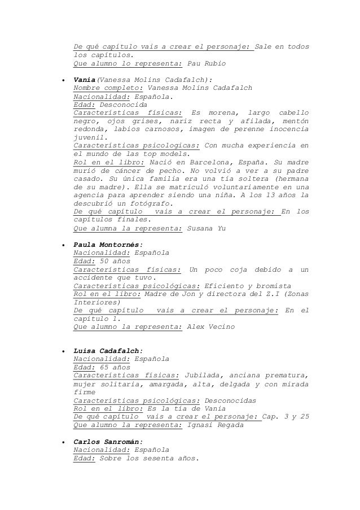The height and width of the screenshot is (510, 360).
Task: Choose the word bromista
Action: pos(272,286)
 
